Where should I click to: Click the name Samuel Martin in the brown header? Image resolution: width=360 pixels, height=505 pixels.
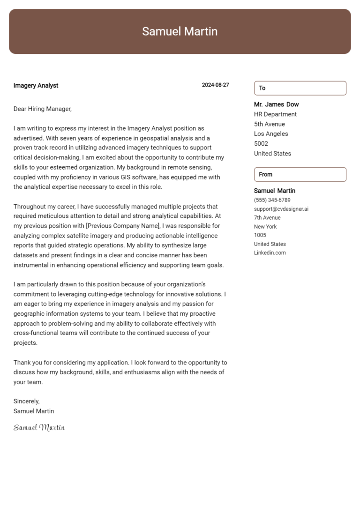[x=180, y=31]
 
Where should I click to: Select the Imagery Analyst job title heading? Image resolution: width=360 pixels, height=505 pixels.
[x=36, y=85]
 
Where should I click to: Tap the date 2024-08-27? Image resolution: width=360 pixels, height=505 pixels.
[x=215, y=85]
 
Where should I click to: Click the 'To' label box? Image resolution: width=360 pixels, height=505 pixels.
[x=300, y=88]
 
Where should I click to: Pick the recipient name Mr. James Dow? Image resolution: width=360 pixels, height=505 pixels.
[x=276, y=104]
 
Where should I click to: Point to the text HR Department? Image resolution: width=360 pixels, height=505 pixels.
[x=275, y=114]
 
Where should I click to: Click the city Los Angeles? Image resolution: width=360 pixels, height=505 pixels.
[x=271, y=134]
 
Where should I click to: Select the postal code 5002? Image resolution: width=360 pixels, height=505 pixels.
[x=261, y=144]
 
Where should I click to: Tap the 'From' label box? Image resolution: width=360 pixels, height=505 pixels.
[x=300, y=174]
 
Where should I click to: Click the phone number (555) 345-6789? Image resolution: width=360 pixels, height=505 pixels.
[x=272, y=200]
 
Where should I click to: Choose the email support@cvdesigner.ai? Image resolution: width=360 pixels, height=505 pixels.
[x=281, y=209]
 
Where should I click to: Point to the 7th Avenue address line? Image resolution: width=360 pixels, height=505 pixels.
[x=267, y=218]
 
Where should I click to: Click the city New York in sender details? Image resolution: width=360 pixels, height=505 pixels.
[x=265, y=227]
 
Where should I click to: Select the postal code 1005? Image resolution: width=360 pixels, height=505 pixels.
[x=260, y=235]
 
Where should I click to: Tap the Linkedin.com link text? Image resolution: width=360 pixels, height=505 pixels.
[x=270, y=253]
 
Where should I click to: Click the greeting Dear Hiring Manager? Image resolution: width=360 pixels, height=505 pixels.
[x=42, y=109]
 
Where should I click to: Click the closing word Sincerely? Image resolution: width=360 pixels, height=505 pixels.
[x=26, y=401]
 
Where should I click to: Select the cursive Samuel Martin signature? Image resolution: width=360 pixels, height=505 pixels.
[x=39, y=427]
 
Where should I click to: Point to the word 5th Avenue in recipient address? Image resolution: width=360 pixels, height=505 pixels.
[x=270, y=124]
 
